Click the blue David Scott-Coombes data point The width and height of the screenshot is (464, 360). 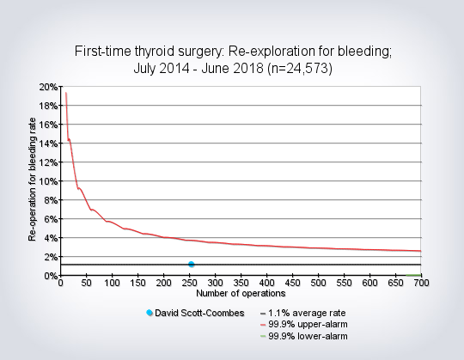[x=191, y=264]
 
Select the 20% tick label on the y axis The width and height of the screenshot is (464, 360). [x=48, y=87]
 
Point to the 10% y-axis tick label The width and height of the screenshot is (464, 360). [x=48, y=181]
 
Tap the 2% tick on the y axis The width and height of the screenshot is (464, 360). [x=51, y=257]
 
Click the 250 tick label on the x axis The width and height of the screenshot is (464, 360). [x=189, y=283]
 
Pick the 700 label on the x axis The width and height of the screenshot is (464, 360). [x=421, y=283]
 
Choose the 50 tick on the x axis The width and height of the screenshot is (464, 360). [x=86, y=283]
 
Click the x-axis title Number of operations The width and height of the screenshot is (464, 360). [x=241, y=294]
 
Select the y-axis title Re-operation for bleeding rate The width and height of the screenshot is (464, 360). [x=32, y=180]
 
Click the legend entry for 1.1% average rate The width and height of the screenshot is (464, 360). [x=302, y=313]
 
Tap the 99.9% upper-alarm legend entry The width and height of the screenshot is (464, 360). [x=303, y=325]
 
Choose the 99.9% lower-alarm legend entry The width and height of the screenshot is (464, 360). [x=303, y=336]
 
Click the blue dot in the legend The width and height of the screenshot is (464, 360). [x=150, y=313]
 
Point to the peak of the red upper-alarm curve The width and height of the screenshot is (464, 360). [x=66, y=93]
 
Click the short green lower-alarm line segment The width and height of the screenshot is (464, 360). [x=413, y=275]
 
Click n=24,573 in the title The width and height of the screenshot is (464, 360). [x=300, y=69]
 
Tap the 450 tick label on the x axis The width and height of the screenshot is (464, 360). [x=292, y=283]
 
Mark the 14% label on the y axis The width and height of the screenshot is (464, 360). [x=48, y=143]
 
